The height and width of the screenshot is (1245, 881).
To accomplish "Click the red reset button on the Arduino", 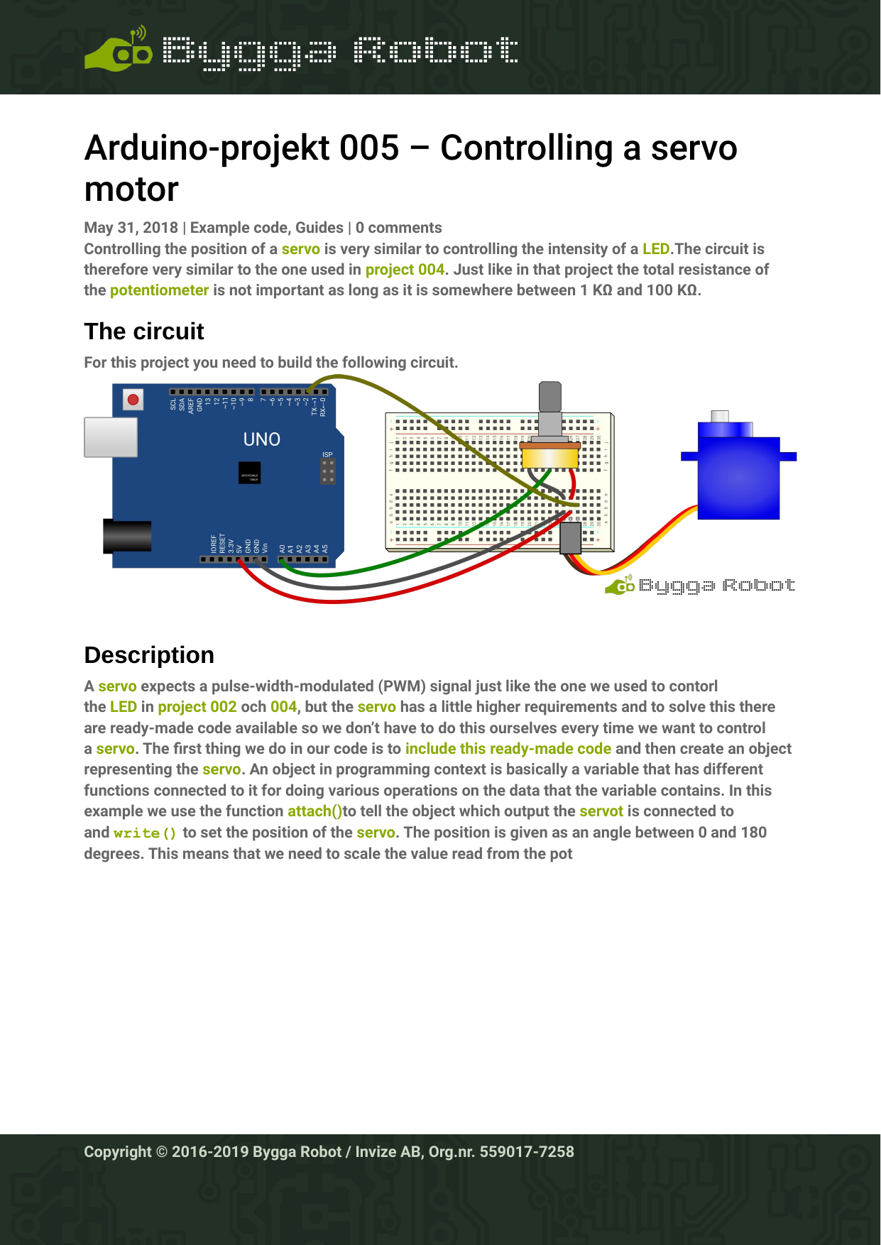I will tap(133, 400).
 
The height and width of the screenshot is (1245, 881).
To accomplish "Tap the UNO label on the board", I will tap(262, 439).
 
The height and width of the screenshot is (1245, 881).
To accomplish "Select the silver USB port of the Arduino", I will tap(111, 437).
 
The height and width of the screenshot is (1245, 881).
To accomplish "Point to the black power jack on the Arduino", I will tap(127, 536).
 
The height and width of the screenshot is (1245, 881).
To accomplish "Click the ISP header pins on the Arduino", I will tap(327, 471).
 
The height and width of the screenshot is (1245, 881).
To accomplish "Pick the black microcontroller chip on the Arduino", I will tap(249, 473).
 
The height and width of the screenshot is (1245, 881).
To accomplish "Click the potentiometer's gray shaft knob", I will tap(549, 397).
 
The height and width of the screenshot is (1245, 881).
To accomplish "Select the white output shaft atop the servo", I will tap(720, 416).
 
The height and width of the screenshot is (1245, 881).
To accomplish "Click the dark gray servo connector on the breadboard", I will tap(570, 538).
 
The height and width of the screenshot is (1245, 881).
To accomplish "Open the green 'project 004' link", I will tap(405, 270).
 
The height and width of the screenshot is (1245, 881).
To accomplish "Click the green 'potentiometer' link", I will tap(159, 290).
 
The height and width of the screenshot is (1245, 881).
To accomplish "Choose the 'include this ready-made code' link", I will tap(508, 749).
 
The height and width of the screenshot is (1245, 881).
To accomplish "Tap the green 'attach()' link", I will tap(314, 811).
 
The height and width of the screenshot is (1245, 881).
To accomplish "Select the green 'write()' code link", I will tap(145, 833).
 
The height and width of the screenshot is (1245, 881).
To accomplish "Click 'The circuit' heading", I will tap(144, 331).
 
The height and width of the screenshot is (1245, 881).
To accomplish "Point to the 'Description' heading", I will tap(149, 655).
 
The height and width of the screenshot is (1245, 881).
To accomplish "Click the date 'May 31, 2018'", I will tap(131, 228).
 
